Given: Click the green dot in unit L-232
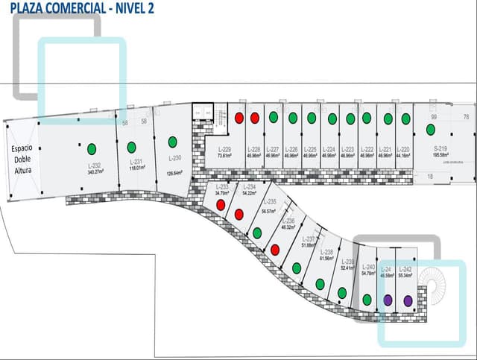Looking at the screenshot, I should pyautogui.click(x=92, y=148).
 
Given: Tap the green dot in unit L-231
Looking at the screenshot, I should pyautogui.click(x=131, y=147).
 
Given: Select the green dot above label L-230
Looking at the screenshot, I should pyautogui.click(x=172, y=142).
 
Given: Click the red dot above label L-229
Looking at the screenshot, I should pyautogui.click(x=239, y=118).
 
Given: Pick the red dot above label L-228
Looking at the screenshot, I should pyautogui.click(x=255, y=118).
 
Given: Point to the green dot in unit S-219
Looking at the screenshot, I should pyautogui.click(x=431, y=130).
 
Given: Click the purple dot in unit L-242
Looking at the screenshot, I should pyautogui.click(x=408, y=300).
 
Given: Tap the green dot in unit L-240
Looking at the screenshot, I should pyautogui.click(x=367, y=300).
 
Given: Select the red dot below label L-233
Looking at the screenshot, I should pyautogui.click(x=221, y=203).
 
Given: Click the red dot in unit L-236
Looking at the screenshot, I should pyautogui.click(x=275, y=249).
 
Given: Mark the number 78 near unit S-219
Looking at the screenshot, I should pyautogui.click(x=466, y=117).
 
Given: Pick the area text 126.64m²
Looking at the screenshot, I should pyautogui.click(x=175, y=174).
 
